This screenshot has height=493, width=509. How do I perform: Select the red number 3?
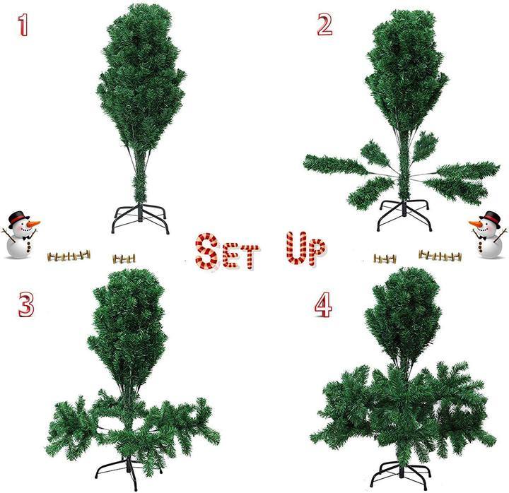[x=26, y=304]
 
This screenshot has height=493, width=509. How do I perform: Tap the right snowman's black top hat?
[x=488, y=216]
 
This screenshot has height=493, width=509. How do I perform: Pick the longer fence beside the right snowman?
[x=438, y=255]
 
